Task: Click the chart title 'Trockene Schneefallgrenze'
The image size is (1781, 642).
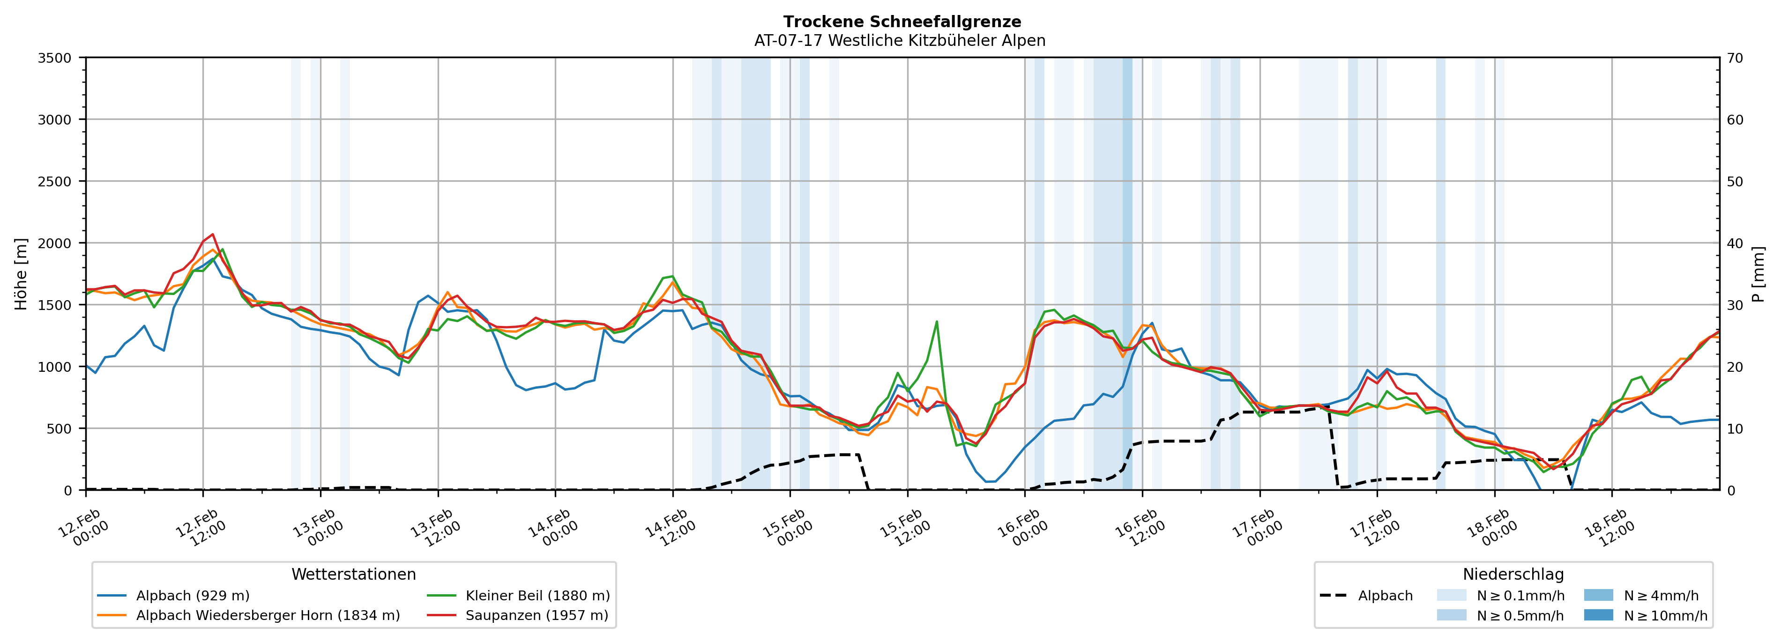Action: click(902, 22)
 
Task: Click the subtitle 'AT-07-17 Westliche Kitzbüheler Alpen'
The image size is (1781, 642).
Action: click(900, 41)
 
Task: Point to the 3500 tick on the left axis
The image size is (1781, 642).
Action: click(55, 58)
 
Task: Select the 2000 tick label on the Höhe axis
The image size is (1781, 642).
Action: click(55, 243)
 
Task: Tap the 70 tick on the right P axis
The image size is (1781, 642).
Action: click(1735, 58)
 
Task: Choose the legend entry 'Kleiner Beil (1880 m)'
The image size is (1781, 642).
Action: click(537, 596)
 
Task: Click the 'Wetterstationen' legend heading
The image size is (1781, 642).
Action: click(353, 574)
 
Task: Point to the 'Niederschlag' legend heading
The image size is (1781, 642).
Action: click(1513, 574)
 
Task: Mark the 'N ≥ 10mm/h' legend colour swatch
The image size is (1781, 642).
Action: click(1598, 615)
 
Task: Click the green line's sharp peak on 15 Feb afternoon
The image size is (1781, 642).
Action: click(936, 321)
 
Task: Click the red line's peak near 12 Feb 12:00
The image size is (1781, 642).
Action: click(213, 234)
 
